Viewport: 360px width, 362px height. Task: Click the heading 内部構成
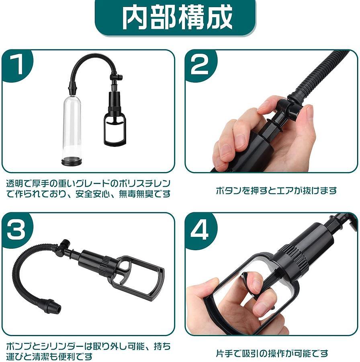tap(177, 18)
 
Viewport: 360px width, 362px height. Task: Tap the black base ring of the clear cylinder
tap(72, 161)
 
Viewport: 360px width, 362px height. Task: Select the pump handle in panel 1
tap(115, 130)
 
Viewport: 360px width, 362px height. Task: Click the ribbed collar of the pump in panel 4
tap(292, 258)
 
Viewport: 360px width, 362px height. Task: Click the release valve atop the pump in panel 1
tap(117, 77)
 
